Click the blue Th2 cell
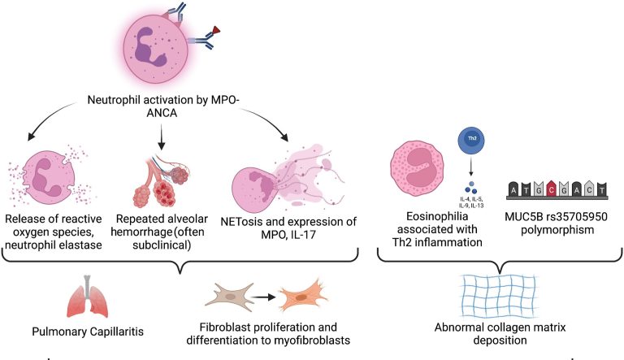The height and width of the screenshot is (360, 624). click(471, 140)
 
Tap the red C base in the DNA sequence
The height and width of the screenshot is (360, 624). click(551, 189)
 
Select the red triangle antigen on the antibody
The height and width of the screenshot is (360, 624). click(215, 29)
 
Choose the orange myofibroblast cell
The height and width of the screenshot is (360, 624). click(302, 297)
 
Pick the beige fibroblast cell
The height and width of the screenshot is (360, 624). click(229, 297)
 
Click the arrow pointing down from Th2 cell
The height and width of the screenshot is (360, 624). click(471, 166)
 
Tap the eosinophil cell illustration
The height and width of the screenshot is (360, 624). click(417, 167)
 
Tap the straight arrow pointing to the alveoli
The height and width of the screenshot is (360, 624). click(161, 137)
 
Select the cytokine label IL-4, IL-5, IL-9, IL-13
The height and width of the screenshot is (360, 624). click(471, 202)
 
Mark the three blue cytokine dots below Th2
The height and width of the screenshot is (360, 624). click(470, 188)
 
